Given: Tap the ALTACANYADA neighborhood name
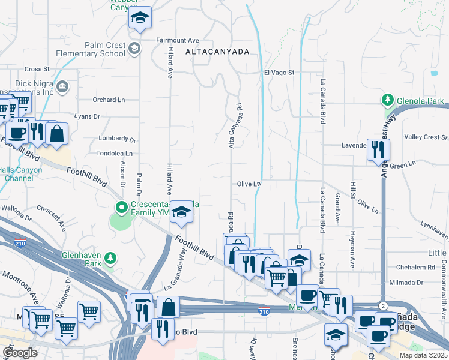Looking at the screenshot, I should point(217,52).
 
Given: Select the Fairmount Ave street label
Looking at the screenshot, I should point(178,40).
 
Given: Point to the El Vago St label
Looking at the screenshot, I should point(279,73).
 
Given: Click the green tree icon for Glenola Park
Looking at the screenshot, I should point(388,100).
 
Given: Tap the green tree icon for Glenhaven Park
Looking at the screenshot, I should point(110,258).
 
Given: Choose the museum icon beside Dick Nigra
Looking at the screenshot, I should point(62,89).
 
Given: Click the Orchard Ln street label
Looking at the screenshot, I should point(109,100).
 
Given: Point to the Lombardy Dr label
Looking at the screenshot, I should point(118,139).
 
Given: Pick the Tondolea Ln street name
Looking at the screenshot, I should point(114,153).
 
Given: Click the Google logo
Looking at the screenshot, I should point(20,353).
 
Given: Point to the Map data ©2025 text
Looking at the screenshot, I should point(423,355).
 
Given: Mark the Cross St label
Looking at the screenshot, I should point(37,69).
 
